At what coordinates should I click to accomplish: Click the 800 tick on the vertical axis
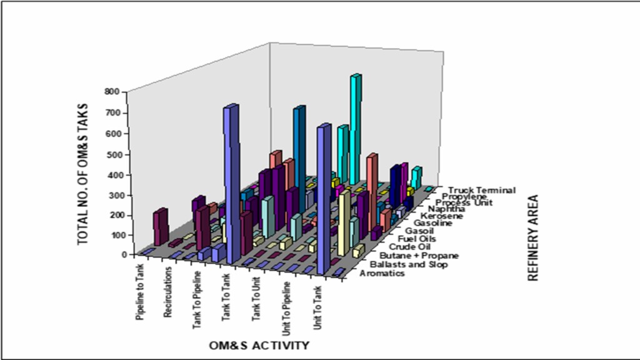click(111, 92)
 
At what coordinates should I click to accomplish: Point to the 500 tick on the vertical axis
click(111, 154)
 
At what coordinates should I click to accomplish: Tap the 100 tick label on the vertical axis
click(111, 235)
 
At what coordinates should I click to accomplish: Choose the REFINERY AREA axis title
click(533, 238)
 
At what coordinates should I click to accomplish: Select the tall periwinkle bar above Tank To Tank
click(231, 181)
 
